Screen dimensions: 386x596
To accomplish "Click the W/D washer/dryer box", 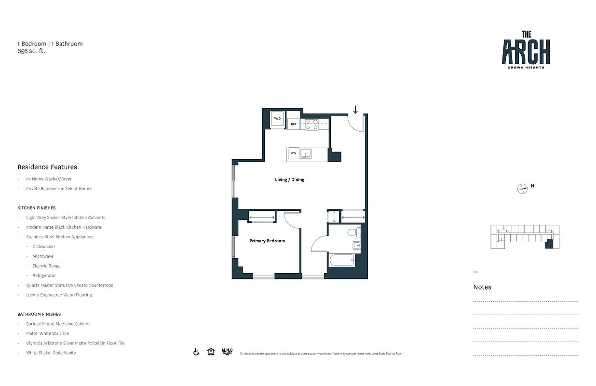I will [x=277, y=119].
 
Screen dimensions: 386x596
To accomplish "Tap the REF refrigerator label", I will [x=293, y=124].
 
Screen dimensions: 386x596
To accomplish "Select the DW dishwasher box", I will [x=293, y=154].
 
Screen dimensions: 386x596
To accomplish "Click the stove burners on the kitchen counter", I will [x=312, y=124].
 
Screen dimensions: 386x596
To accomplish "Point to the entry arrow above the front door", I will [x=355, y=110].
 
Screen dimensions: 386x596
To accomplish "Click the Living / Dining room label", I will [x=289, y=179].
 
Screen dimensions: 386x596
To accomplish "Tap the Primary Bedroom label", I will [x=267, y=241].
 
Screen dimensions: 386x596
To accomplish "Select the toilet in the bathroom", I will [x=352, y=232].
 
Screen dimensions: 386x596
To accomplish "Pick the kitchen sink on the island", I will [x=305, y=154].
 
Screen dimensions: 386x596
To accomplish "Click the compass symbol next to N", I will [x=522, y=189].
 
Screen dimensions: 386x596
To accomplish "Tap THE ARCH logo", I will [x=526, y=50].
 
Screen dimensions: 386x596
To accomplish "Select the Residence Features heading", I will [x=47, y=167].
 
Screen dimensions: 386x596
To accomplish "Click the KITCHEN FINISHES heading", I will [x=37, y=208].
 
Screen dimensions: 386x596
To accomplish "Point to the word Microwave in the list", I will [x=43, y=256].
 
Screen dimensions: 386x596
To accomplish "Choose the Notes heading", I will [x=482, y=287].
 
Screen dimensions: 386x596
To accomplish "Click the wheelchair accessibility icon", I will [x=197, y=352].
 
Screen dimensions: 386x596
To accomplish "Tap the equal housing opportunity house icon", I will [x=211, y=352].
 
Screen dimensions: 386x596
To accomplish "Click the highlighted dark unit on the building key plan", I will [x=549, y=244].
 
